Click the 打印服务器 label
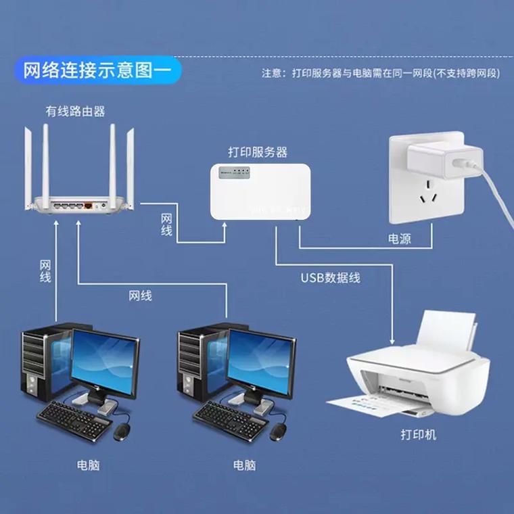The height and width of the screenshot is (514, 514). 257,152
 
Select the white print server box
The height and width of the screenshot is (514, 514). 260,191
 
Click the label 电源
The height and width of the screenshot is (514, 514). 399,239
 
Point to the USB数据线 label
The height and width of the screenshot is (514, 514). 331,277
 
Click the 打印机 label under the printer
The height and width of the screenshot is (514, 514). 418,434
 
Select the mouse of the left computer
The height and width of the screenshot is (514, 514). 122,431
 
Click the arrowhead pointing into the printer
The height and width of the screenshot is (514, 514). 392,342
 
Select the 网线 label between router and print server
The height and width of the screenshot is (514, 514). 166,225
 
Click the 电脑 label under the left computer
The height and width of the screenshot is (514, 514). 88,465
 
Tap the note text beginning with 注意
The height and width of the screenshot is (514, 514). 381,73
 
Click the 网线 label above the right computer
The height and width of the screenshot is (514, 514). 140,296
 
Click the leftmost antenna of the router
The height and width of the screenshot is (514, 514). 29,166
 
